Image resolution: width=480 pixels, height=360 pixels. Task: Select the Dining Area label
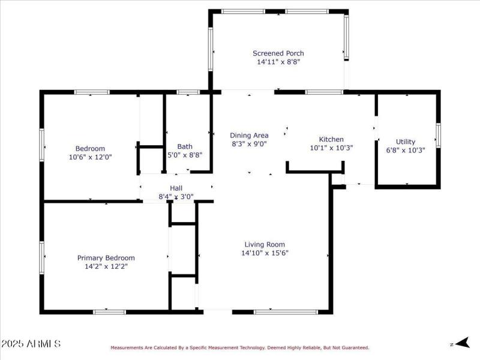pos(249,136)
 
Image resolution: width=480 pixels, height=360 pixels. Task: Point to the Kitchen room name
pos(331,139)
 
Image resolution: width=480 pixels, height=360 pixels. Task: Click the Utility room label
pos(406,142)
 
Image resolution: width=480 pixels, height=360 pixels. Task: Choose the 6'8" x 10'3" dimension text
pos(406,151)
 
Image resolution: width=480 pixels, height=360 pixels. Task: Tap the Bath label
pos(185,146)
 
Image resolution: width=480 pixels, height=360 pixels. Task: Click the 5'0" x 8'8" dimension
pos(185,155)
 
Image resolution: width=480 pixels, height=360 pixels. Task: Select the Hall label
pos(176,188)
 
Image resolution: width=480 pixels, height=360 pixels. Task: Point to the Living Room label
pos(265,245)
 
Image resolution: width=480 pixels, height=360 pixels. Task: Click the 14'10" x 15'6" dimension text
pos(265,253)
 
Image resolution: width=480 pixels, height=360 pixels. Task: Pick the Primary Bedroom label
pos(106,258)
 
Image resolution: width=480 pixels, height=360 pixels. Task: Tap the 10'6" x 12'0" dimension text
pos(90,157)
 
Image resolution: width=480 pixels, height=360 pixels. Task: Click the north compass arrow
pos(461,343)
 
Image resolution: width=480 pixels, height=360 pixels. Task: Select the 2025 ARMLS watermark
pos(31,344)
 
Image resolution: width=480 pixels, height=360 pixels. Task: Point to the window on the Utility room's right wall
pos(438,135)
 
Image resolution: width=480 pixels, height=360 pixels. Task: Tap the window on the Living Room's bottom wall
pos(286,311)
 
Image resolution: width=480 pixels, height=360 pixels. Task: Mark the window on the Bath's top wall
pos(188,92)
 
